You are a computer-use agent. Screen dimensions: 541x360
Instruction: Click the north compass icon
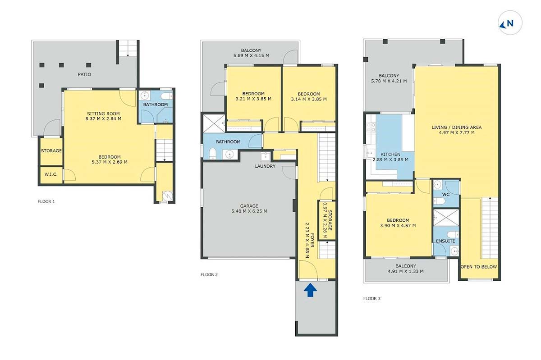pyautogui.click(x=510, y=23)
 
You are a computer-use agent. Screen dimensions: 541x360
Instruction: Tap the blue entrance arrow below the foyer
pyautogui.click(x=310, y=290)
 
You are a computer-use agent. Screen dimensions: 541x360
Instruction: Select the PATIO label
pyautogui.click(x=84, y=74)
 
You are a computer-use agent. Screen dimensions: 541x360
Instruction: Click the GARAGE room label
pyautogui.click(x=249, y=206)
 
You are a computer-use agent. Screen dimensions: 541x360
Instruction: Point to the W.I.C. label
pyautogui.click(x=51, y=174)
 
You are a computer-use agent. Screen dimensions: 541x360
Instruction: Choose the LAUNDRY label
pyautogui.click(x=265, y=166)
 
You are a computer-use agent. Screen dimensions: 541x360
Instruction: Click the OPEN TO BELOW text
pyautogui.click(x=479, y=267)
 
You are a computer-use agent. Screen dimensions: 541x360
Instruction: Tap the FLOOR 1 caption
pyautogui.click(x=46, y=201)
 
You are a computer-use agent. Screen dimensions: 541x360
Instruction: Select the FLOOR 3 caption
pyautogui.click(x=372, y=298)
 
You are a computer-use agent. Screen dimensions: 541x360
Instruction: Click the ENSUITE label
pyautogui.click(x=445, y=241)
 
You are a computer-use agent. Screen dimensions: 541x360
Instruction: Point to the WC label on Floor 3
pyautogui.click(x=445, y=194)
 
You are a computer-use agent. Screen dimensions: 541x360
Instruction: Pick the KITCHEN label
pyautogui.click(x=390, y=154)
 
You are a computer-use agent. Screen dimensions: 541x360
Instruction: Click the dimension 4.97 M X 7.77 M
pyautogui.click(x=457, y=132)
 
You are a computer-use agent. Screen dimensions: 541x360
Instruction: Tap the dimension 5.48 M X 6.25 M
pyautogui.click(x=249, y=211)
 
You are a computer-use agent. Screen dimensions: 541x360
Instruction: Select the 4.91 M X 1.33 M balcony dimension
pyautogui.click(x=406, y=271)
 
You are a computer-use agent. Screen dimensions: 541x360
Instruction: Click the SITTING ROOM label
pyautogui.click(x=103, y=114)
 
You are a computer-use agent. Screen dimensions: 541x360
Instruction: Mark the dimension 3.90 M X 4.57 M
pyautogui.click(x=398, y=226)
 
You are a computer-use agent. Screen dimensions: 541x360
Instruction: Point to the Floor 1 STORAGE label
pyautogui.click(x=51, y=150)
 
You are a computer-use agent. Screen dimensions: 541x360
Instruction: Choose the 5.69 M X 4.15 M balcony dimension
pyautogui.click(x=251, y=55)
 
